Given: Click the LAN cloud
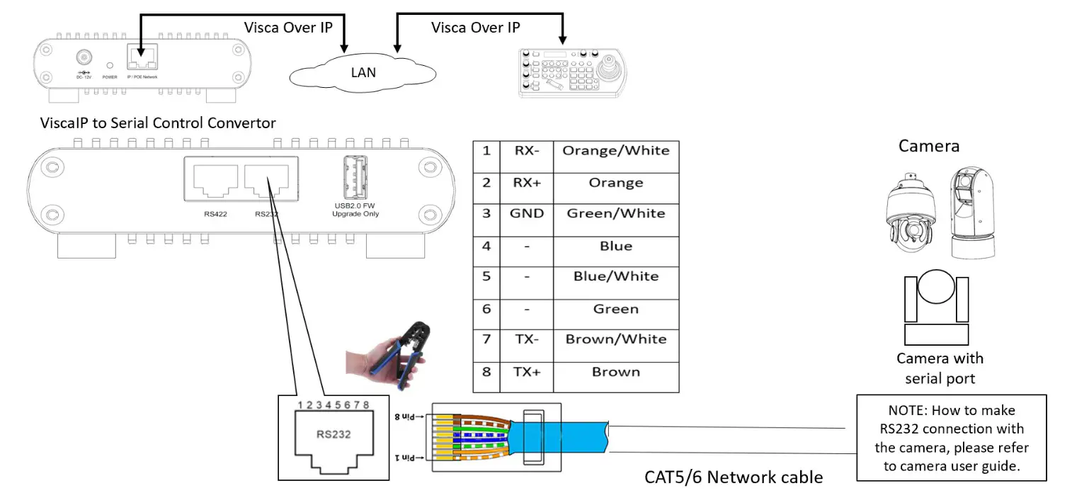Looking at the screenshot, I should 363,72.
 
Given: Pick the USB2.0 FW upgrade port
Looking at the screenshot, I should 355,178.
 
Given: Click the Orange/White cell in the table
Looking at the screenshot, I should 615,150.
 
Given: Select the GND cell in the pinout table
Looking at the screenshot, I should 526,213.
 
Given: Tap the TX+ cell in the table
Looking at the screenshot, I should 526,372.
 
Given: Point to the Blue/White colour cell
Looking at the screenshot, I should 615,276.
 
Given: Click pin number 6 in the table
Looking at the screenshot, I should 486,309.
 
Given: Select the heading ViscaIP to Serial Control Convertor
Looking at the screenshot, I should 157,123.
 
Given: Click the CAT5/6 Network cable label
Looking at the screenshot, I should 733,477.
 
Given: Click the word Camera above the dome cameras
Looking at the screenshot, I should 928,147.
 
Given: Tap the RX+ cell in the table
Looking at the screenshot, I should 526,183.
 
